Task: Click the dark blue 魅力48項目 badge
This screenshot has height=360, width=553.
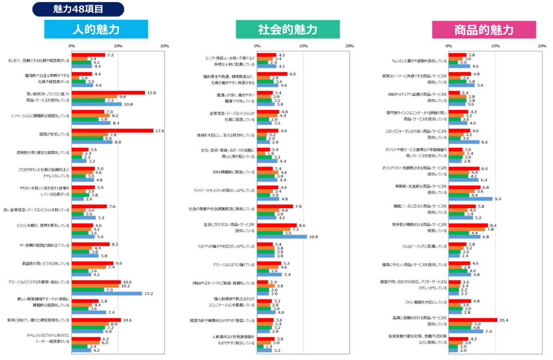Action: [78, 9]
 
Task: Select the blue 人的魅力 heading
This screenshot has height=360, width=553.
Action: [96, 29]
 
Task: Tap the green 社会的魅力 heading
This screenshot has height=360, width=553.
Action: [288, 29]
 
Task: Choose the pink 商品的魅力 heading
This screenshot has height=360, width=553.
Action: [484, 30]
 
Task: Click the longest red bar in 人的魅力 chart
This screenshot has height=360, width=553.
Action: [113, 131]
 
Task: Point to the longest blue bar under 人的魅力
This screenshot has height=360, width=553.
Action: [107, 293]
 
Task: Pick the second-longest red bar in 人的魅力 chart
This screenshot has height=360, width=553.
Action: [108, 93]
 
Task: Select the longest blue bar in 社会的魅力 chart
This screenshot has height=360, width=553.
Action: [282, 237]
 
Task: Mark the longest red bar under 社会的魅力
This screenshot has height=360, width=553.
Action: [277, 225]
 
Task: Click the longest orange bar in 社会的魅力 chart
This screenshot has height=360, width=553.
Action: [274, 229]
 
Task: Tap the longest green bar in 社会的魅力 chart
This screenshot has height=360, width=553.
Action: [270, 233]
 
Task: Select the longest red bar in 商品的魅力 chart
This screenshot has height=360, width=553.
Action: [473, 320]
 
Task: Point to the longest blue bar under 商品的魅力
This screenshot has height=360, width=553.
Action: [471, 199]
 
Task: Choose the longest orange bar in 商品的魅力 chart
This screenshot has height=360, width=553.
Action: [467, 229]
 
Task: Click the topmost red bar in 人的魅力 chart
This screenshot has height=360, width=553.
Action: [89, 55]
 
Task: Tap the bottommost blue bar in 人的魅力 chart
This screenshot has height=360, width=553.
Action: [82, 350]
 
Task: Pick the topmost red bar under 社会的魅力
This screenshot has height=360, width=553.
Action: [267, 55]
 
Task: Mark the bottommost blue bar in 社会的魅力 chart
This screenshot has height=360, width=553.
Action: [265, 350]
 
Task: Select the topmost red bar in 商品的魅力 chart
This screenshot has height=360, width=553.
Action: [458, 55]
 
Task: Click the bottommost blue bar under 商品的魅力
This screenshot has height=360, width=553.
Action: [454, 350]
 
